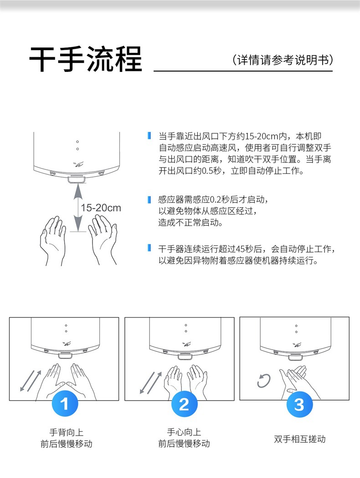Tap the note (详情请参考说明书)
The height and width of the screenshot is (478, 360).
283,60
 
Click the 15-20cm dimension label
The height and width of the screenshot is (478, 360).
101,208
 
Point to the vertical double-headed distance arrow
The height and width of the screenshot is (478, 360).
78,207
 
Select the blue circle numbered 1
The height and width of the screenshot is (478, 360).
65,404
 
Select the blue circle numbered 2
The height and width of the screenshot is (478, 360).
184,404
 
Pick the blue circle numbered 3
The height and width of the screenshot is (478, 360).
299,404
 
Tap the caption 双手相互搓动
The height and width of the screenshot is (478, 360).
299,439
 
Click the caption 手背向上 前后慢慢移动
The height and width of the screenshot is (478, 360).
67,438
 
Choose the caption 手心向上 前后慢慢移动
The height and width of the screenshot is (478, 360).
184,438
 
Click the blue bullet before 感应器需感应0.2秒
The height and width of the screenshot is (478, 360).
149,200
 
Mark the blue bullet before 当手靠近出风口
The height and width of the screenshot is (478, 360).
149,135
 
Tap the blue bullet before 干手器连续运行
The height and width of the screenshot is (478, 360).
149,248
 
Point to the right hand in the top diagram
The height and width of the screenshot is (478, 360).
103,239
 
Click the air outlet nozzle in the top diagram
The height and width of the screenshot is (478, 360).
75,179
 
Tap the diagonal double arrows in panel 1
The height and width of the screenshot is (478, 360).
31,381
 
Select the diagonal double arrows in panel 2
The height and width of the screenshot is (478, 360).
150,382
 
